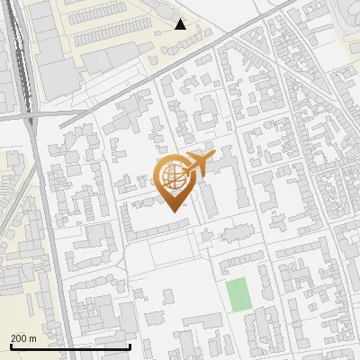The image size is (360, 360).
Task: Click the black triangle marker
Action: pyautogui.click(x=181, y=24)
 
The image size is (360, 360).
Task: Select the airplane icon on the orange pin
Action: pyautogui.click(x=199, y=164)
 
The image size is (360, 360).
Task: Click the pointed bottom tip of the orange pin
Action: pyautogui.click(x=172, y=211)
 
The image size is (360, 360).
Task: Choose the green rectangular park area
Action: pyautogui.click(x=237, y=295)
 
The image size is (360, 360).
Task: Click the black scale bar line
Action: pyautogui.click(x=70, y=346)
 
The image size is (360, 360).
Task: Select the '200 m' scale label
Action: pyautogui.click(x=23, y=337)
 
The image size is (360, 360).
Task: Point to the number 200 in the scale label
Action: pyautogui.click(x=19, y=337)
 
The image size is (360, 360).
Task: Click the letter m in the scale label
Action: pyautogui.click(x=32, y=337)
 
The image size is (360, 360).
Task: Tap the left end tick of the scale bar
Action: pyautogui.click(x=10, y=344)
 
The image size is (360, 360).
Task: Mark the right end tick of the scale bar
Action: pyautogui.click(x=130, y=344)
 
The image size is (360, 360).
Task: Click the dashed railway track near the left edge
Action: pyautogui.click(x=20, y=54)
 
